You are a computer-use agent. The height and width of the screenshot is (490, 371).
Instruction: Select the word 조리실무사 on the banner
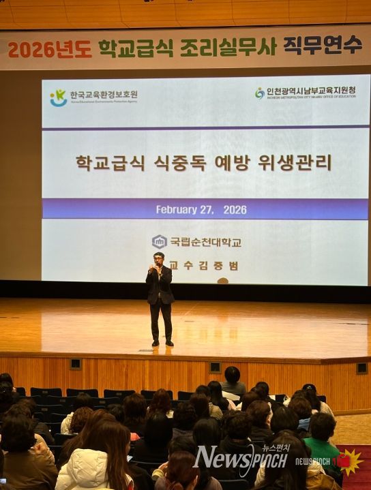(x=228, y=47)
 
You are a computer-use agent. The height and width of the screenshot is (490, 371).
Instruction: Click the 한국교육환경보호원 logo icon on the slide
(x=58, y=97)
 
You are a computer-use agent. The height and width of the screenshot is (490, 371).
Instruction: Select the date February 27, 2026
(x=201, y=209)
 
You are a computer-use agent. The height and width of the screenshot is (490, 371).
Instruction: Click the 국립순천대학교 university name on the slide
(x=205, y=242)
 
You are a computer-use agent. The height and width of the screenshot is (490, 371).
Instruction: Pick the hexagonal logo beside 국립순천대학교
(x=160, y=241)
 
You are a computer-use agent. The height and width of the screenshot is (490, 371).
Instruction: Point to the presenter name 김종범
(x=220, y=266)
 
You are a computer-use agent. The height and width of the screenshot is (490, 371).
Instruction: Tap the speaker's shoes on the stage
(x=162, y=343)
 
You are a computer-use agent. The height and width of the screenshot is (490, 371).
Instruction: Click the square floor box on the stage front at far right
(x=361, y=368)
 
